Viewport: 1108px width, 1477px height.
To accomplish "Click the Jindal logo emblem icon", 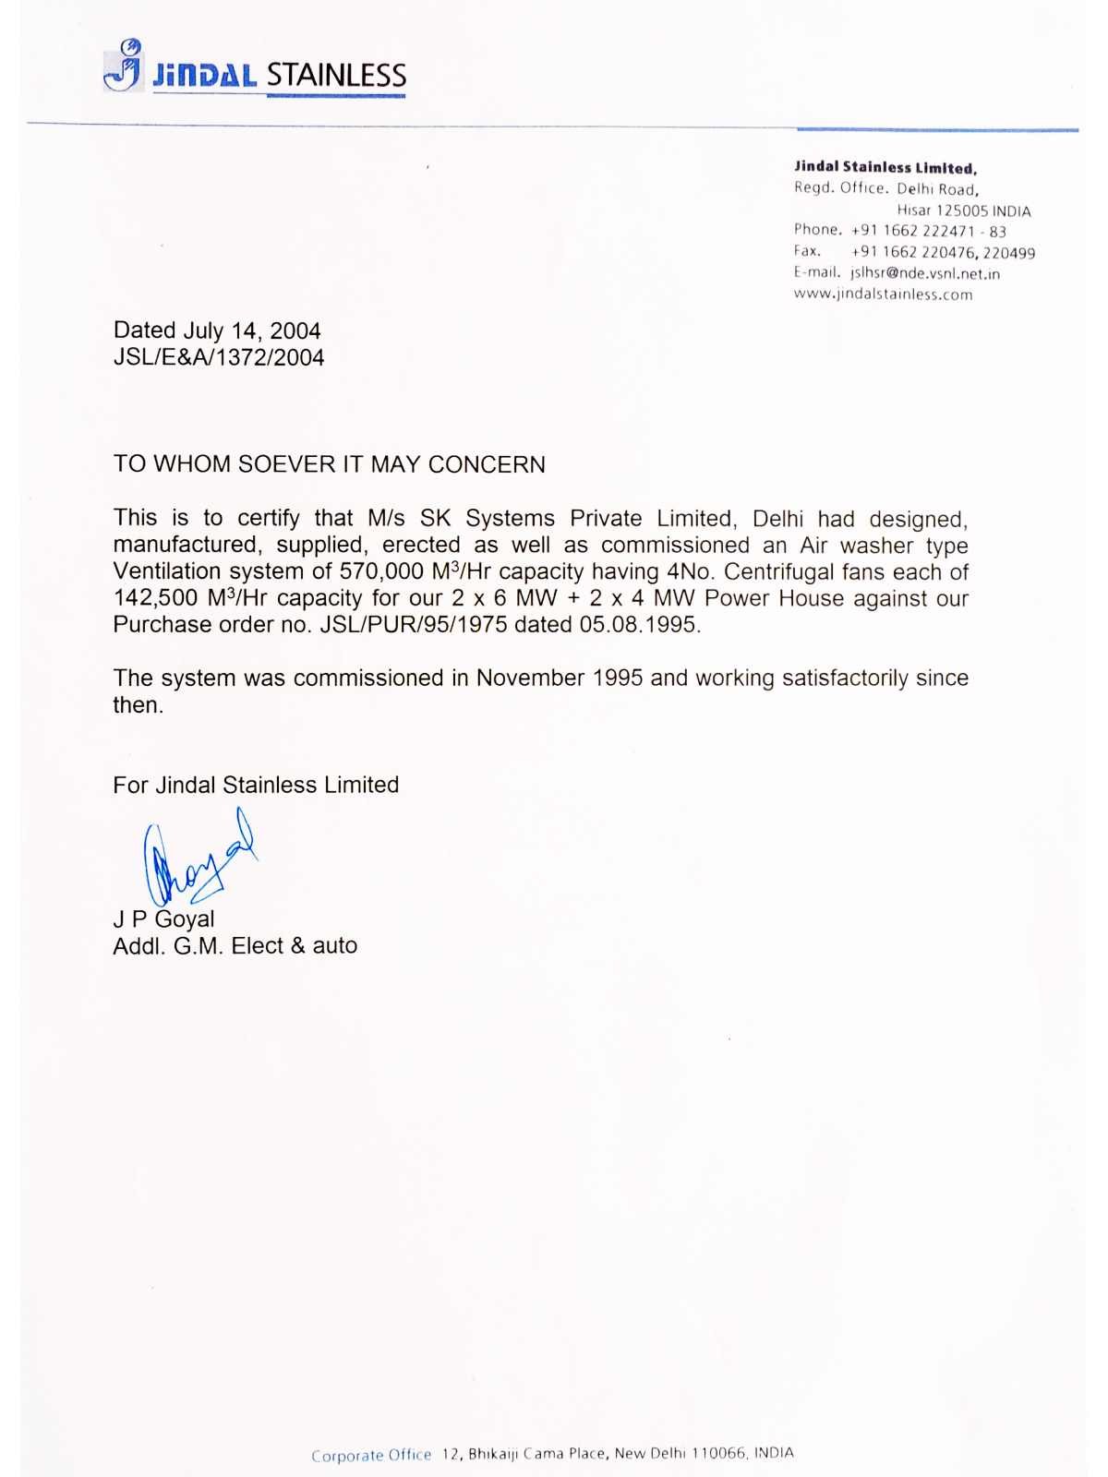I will (124, 65).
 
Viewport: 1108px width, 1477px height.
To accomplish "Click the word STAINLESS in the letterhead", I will (336, 75).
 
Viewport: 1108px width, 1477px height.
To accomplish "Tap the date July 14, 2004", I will (252, 330).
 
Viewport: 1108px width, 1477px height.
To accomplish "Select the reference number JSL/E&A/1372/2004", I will (219, 357).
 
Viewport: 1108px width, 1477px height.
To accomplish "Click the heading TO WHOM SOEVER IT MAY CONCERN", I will (329, 463).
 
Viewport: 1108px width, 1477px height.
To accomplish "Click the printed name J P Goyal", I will (163, 919).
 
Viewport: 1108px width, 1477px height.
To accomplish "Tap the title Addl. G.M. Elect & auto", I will (235, 945).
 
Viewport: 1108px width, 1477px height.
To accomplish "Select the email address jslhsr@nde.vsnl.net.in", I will (924, 273).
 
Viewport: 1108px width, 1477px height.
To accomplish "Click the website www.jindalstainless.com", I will (883, 294).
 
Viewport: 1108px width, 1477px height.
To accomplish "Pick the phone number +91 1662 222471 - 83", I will (928, 231).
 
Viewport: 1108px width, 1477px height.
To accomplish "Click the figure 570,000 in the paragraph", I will (381, 571).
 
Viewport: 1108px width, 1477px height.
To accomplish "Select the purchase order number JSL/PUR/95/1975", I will (414, 625).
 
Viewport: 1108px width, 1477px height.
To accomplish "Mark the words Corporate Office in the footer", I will (371, 1456).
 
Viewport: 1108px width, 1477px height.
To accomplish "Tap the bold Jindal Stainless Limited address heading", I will (885, 167).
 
